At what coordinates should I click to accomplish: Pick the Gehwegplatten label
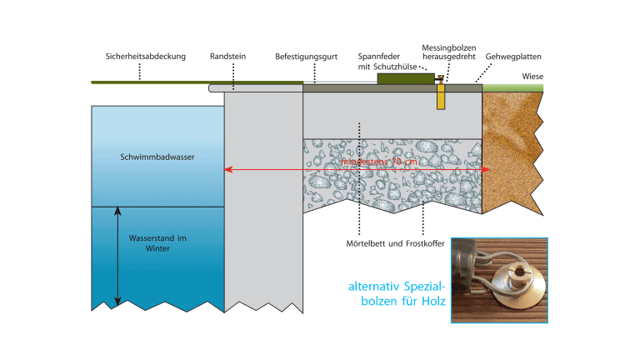coord(513,57)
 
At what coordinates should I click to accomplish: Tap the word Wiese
coord(532,77)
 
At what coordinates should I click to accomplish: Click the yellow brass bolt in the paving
coord(441,96)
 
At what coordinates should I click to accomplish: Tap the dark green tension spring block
coord(401,78)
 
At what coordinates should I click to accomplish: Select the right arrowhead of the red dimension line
coord(486,169)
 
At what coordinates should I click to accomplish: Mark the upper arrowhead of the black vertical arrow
coord(118,210)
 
